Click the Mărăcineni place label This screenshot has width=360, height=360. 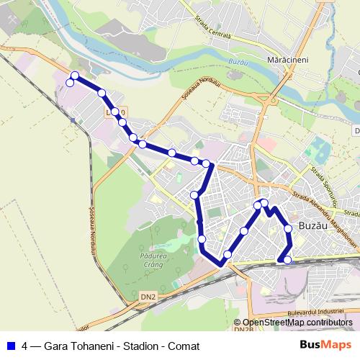click(287, 60)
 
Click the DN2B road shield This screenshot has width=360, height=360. click(243, 330)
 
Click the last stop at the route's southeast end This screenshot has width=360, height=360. click(288, 260)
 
